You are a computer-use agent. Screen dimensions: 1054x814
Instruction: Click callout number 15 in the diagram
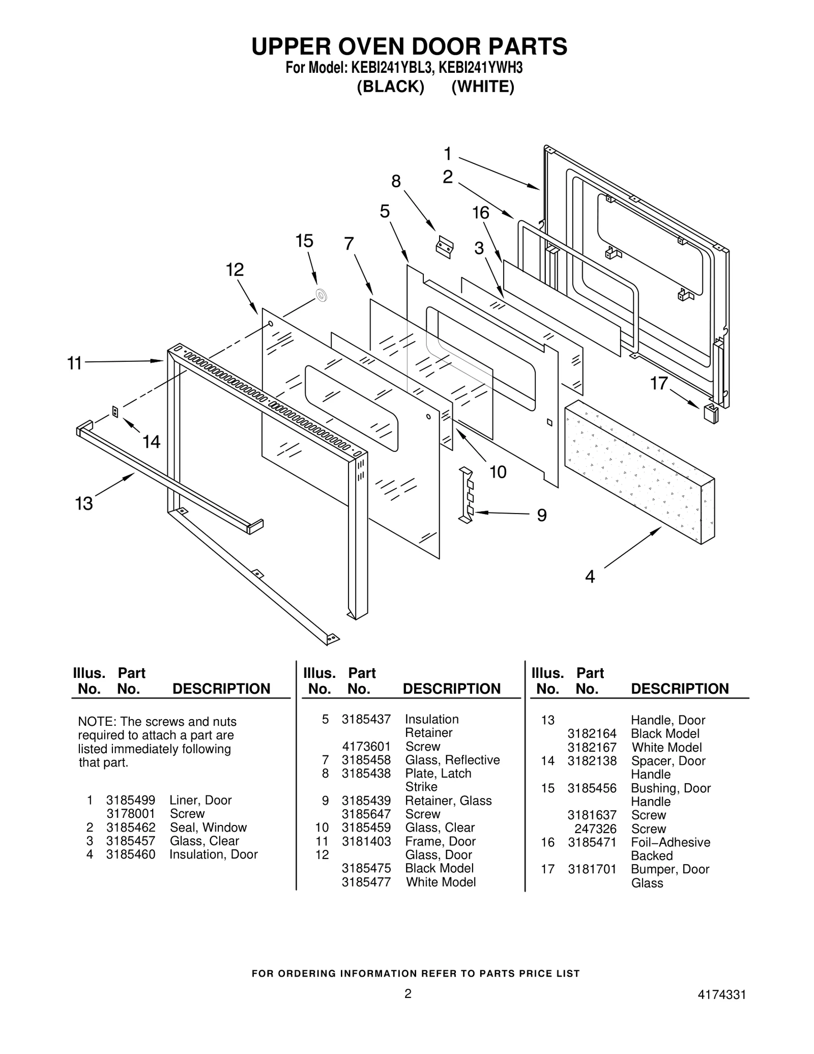click(304, 241)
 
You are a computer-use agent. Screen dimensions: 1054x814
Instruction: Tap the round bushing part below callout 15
click(321, 295)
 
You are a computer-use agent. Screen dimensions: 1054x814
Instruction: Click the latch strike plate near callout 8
click(445, 247)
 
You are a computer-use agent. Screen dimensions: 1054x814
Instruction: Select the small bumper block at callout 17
click(711, 413)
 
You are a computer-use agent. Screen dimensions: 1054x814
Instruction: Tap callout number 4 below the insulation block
click(590, 577)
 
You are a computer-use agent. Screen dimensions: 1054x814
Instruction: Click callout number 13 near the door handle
click(84, 504)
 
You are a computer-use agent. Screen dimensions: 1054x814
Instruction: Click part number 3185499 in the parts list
click(131, 800)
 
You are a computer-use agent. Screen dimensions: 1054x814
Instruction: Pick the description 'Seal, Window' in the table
click(208, 827)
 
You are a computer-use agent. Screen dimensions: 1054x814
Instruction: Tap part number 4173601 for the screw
click(366, 746)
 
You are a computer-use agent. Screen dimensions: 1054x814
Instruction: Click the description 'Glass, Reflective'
click(452, 760)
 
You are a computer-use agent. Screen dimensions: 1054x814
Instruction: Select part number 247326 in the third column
click(595, 829)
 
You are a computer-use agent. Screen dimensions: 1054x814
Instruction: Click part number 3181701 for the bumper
click(592, 869)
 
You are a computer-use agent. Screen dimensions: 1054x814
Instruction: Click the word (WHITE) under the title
click(483, 87)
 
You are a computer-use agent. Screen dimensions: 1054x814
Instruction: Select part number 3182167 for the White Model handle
click(592, 747)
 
